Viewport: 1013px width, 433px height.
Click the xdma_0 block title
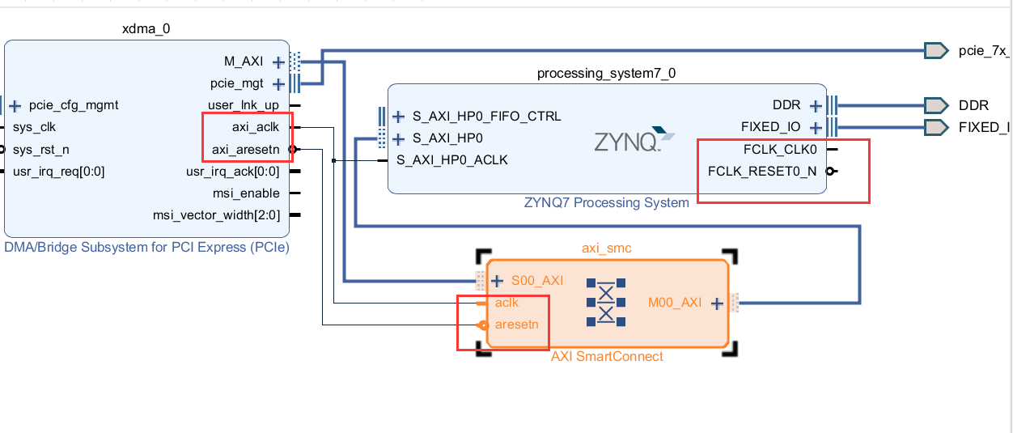[x=146, y=29]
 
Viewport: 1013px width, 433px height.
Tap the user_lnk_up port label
[x=243, y=105]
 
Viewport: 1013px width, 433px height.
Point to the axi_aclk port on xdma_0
[x=256, y=127]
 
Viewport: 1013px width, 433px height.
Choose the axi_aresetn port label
[x=245, y=149]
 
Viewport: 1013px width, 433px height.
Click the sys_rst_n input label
[x=40, y=149]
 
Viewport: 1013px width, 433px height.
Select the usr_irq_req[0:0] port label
[x=59, y=171]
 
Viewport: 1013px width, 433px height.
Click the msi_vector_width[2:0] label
[x=216, y=214]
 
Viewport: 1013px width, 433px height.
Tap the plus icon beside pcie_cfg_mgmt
[x=15, y=105]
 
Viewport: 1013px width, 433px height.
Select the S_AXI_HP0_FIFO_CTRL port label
[x=486, y=117]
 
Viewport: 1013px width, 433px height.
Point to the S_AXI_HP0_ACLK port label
[x=452, y=160]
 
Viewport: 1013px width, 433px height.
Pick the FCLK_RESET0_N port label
[x=762, y=171]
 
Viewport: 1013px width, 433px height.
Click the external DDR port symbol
[x=936, y=105]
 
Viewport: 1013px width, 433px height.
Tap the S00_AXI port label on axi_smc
[x=537, y=282]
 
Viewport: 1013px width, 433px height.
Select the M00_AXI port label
[x=675, y=304]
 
